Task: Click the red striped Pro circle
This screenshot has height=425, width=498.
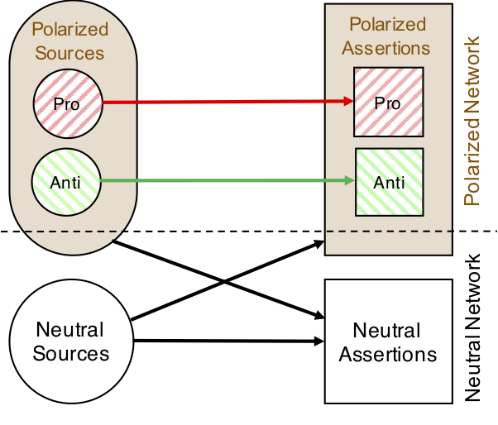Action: [68, 104]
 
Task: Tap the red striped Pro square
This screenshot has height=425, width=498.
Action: [388, 103]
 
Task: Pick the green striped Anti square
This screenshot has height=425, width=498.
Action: [389, 180]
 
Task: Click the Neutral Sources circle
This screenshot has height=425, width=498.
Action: [70, 341]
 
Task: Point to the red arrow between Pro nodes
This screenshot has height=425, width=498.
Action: [223, 103]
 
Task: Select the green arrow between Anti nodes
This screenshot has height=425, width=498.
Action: [223, 179]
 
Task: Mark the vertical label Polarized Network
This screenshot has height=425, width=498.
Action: [473, 120]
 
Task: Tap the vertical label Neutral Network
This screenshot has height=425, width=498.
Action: [473, 327]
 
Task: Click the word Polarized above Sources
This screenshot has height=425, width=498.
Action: [70, 30]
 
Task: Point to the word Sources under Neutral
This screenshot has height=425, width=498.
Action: [70, 354]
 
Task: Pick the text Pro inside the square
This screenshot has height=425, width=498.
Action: [388, 103]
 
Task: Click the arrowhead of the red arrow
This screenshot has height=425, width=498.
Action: [348, 103]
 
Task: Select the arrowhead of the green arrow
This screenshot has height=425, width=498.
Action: [348, 179]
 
